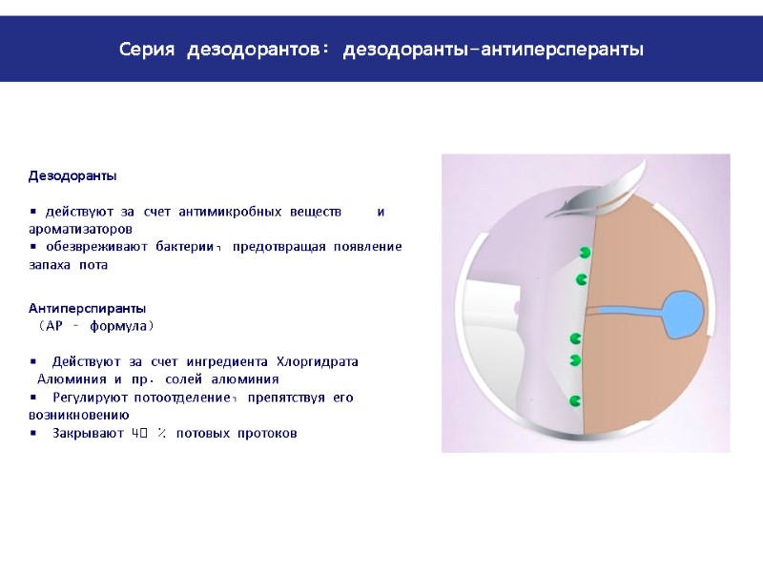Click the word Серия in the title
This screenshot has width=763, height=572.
pos(148,49)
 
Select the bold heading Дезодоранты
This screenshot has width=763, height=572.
pos(72,176)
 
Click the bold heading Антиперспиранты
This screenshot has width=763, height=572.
pos(87,309)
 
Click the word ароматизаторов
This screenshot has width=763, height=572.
pos(80,230)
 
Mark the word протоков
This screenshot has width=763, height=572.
pos(267,434)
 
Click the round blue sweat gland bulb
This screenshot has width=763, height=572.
pos(684,314)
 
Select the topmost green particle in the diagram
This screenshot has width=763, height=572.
pos(585,253)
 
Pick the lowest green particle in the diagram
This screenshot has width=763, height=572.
pos(575,401)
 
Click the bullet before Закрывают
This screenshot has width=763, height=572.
pos(32,434)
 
